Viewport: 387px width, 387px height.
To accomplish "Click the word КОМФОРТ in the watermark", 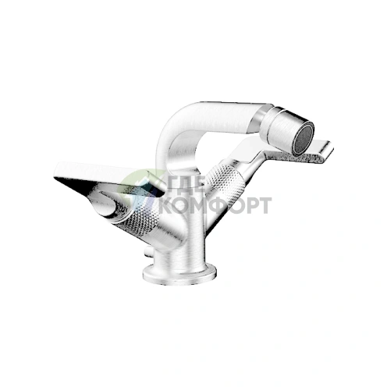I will point(216,205).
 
